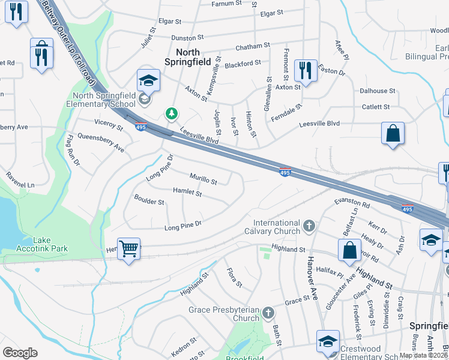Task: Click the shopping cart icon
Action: point(129,248)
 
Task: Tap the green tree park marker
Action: point(172,113)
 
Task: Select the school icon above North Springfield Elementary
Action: point(148,80)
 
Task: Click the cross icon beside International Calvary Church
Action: point(309,226)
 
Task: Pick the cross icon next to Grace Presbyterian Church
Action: point(268,313)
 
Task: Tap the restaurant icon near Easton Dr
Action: point(306,71)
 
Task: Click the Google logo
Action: point(20,353)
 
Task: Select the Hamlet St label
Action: point(187,193)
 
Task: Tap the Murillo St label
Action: point(203,179)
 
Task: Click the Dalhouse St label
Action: point(377,91)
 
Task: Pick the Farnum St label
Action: point(226,4)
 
